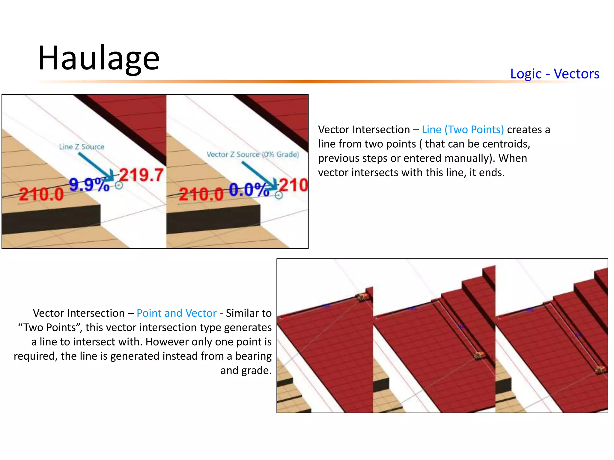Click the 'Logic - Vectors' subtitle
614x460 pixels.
555,74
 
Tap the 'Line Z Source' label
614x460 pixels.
82,147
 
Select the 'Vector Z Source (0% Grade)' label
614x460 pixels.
253,154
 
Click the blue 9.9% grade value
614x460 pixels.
89,184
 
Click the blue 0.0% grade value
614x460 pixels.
249,190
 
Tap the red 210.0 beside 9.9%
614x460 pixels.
41,194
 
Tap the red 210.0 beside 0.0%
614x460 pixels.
201,194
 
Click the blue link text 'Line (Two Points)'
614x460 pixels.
463,129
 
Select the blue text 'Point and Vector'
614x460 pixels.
176,313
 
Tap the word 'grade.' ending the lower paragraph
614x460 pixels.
246,370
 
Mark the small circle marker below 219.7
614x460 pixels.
119,186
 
